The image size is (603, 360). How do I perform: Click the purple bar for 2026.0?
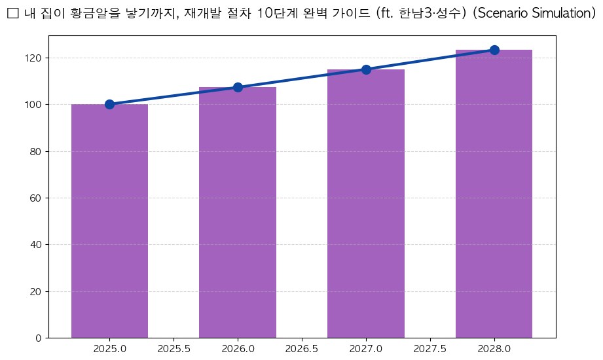[238, 213]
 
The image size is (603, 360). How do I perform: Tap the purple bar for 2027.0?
[366, 204]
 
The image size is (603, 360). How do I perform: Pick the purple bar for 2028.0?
[494, 194]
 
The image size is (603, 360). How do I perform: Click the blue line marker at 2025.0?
[109, 104]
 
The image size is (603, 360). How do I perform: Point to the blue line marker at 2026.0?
[238, 87]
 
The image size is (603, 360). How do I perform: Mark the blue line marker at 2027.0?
[366, 69]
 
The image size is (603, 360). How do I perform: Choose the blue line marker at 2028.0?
[494, 50]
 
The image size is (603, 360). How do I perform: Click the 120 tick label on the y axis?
[34, 58]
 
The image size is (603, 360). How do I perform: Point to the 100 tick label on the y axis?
[34, 105]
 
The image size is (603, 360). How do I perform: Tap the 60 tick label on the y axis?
[37, 198]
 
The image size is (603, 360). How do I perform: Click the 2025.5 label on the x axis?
[174, 348]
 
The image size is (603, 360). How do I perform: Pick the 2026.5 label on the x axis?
[302, 348]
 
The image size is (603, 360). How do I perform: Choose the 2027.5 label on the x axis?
[430, 348]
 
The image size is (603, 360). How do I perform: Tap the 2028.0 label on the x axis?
[494, 348]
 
